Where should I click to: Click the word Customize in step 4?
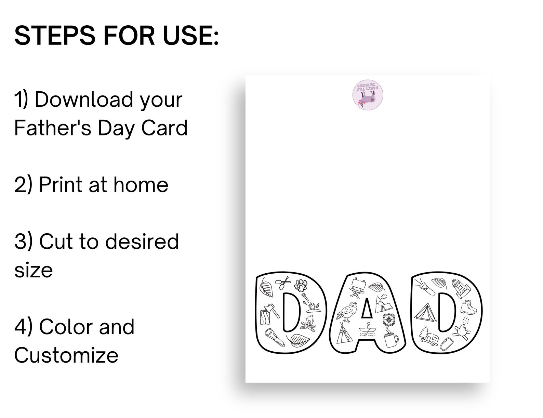tap(66, 355)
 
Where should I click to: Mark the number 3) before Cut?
tap(24, 241)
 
